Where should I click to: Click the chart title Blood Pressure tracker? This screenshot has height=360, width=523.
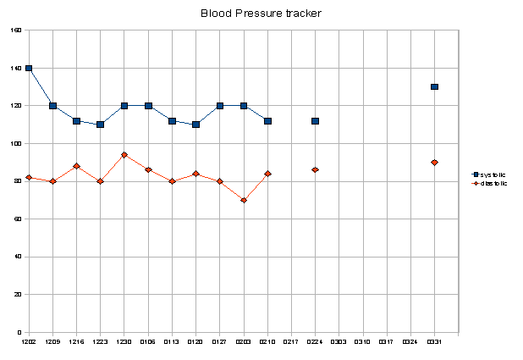pos(261,14)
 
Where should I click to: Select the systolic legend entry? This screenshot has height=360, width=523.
pos(491,174)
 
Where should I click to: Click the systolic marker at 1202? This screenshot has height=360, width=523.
pos(29,68)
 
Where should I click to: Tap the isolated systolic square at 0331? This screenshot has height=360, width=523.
pos(434,86)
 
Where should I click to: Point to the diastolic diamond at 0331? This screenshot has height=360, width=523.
pos(434,163)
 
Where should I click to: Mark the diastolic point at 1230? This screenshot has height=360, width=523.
pos(124,155)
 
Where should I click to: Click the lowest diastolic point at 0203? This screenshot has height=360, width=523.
pos(244,200)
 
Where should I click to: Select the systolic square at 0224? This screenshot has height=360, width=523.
pos(315,121)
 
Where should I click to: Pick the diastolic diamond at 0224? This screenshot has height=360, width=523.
pos(315,170)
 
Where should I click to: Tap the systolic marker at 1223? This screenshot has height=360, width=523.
pos(100,125)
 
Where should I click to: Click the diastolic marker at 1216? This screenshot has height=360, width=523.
pos(76,166)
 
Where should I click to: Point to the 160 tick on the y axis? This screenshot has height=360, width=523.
pos(17,30)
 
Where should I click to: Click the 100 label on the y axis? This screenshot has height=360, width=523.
pos(17,144)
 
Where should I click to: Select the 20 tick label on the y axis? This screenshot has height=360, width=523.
pos(19,295)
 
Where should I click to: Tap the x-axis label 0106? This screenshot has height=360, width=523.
pos(148,342)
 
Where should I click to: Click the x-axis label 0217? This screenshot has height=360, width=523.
pos(291,342)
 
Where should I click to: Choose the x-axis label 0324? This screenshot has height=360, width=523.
pos(410,342)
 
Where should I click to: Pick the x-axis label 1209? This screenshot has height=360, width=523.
pos(52,342)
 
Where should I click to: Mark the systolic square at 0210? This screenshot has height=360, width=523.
pos(267,121)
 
